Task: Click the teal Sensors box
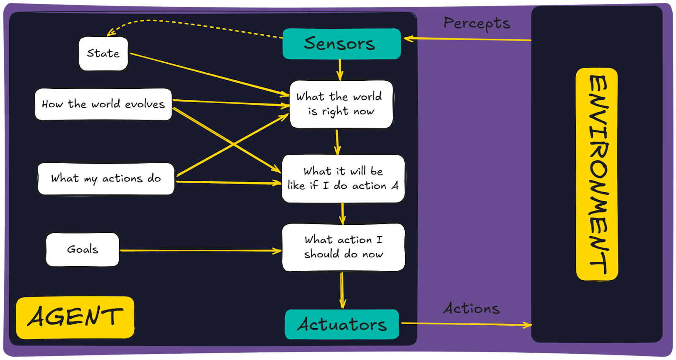(341, 44)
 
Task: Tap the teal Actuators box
(342, 325)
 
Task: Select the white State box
(103, 53)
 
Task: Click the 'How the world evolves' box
(103, 104)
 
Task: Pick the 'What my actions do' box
(106, 178)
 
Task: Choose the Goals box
(82, 249)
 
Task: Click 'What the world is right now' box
(341, 104)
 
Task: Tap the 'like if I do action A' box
(343, 178)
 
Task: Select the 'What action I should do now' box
(343, 247)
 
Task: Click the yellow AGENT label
(75, 317)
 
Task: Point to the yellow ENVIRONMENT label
(597, 174)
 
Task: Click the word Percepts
(477, 23)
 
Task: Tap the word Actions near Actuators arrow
(471, 308)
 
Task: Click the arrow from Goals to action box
(201, 251)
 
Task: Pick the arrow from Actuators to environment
(465, 324)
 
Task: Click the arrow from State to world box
(209, 74)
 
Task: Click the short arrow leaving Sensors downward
(340, 70)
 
